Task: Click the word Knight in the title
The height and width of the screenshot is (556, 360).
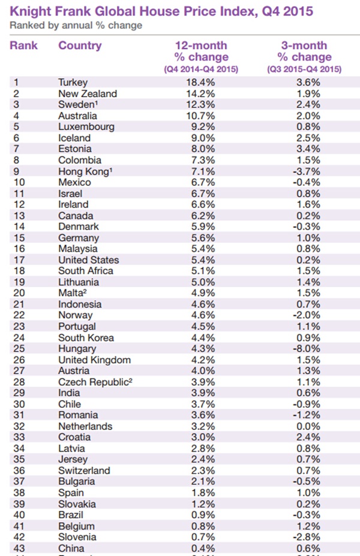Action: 31,11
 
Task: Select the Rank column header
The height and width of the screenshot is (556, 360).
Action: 24,46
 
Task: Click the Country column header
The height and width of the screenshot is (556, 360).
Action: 80,46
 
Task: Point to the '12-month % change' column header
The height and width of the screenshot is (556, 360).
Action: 201,52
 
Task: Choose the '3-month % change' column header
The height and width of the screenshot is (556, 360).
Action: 304,52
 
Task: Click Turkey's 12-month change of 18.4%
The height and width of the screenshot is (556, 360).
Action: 202,82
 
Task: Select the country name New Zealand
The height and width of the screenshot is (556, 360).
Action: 88,94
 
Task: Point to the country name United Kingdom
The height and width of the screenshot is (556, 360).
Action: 94,360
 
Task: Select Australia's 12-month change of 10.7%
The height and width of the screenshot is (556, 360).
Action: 202,116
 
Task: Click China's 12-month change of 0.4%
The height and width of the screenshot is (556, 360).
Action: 202,548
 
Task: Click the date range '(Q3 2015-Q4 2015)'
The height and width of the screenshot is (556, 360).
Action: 304,69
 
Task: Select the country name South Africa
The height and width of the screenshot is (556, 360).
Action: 85,271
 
